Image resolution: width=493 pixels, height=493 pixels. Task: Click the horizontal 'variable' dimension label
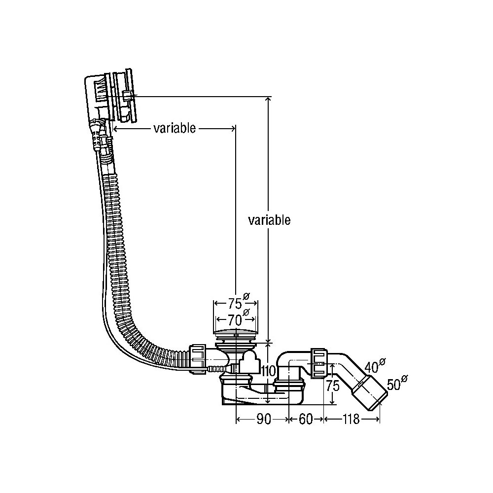[175, 129]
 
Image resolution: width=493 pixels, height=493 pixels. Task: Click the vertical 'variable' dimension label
[269, 220]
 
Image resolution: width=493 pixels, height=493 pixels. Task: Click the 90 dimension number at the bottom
[263, 420]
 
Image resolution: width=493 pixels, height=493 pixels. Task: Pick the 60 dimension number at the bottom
[306, 420]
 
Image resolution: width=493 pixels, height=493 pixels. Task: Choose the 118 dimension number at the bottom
[351, 420]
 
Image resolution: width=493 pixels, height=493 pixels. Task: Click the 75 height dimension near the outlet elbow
[334, 385]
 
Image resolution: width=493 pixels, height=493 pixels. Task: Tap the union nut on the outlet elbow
[318, 363]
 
